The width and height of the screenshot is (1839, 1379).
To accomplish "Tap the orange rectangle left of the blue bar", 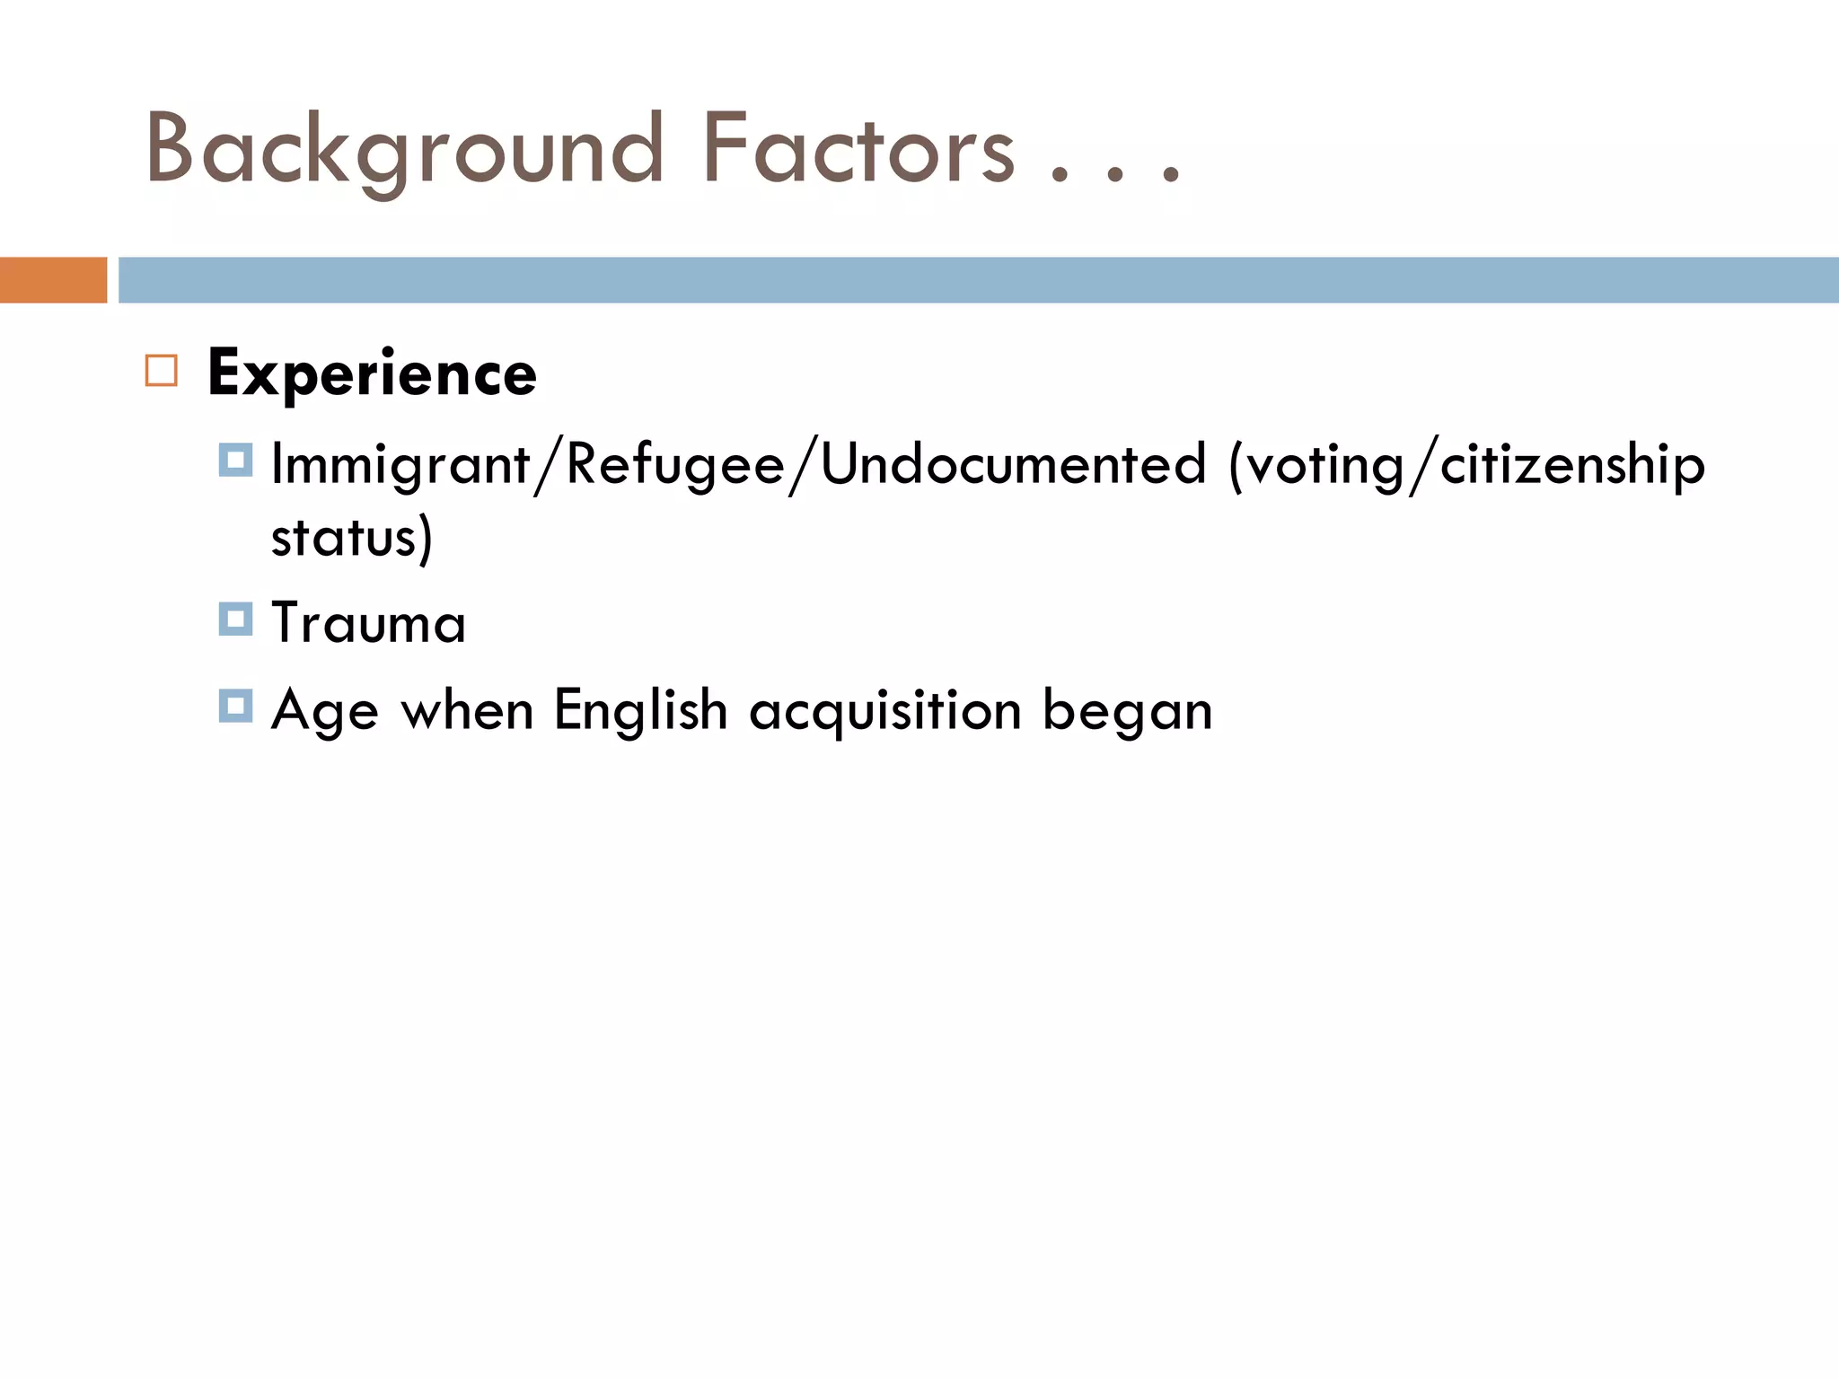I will pyautogui.click(x=53, y=280).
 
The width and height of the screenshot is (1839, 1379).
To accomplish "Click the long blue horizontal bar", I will pyautogui.click(x=978, y=280).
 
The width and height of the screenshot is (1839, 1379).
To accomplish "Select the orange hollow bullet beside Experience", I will pyautogui.click(x=162, y=371).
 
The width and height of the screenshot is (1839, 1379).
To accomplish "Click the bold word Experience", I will pyautogui.click(x=372, y=373).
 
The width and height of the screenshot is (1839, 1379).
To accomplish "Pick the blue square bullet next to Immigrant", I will pyautogui.click(x=235, y=461).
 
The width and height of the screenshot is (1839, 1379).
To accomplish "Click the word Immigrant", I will pyautogui.click(x=400, y=465).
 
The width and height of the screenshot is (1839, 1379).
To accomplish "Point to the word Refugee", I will pyautogui.click(x=675, y=465).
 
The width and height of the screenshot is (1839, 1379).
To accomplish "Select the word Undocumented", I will pyautogui.click(x=1014, y=465).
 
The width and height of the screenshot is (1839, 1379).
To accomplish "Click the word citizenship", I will pyautogui.click(x=1572, y=465).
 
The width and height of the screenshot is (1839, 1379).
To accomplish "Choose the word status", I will pyautogui.click(x=344, y=537).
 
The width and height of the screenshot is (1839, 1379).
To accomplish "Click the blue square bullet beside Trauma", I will pyautogui.click(x=235, y=619).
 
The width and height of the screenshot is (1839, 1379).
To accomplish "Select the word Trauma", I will pyautogui.click(x=368, y=622).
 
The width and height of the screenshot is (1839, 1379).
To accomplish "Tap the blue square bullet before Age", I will pyautogui.click(x=235, y=706).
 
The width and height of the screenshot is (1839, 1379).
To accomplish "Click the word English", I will pyautogui.click(x=640, y=711).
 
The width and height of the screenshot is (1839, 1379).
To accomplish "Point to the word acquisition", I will pyautogui.click(x=885, y=711).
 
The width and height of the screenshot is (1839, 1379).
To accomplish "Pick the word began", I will pyautogui.click(x=1128, y=711).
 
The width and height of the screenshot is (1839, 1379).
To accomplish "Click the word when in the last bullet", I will pyautogui.click(x=467, y=711).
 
